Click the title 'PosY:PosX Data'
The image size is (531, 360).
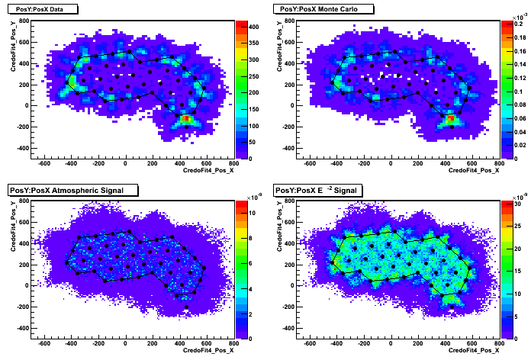[40, 9]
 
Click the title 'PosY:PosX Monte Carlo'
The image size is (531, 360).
[319, 9]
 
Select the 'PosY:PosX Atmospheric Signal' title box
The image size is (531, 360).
[72, 190]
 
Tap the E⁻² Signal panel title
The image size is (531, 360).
[318, 190]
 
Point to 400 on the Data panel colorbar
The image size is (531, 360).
[253, 27]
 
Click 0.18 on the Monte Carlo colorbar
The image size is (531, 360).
[520, 37]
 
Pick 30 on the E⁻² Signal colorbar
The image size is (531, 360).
[517, 204]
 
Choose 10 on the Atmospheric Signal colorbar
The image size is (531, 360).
[252, 213]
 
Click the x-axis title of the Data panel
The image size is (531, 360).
[208, 170]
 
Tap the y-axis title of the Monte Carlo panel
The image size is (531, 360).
[279, 46]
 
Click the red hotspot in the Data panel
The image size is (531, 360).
[186, 118]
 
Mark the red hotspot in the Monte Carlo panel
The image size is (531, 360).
[451, 118]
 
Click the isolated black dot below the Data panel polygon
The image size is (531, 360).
[186, 127]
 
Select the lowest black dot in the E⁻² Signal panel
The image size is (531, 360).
[452, 307]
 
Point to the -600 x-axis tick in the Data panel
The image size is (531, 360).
[44, 163]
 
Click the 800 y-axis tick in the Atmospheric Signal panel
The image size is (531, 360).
[24, 201]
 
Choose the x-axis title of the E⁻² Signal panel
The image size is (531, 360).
[474, 350]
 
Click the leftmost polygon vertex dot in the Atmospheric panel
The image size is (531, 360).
[66, 263]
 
